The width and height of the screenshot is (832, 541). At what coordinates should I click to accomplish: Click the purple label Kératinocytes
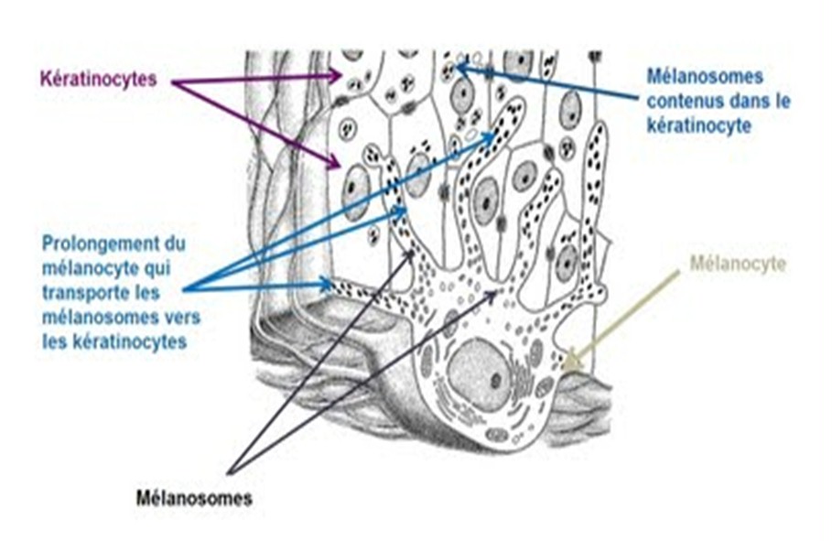pyautogui.click(x=98, y=79)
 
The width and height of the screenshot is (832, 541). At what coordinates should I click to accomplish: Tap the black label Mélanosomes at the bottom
pyautogui.click(x=193, y=499)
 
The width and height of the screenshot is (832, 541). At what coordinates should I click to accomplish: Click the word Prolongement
pyautogui.click(x=101, y=245)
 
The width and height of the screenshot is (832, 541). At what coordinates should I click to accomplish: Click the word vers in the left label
pyautogui.click(x=182, y=317)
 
